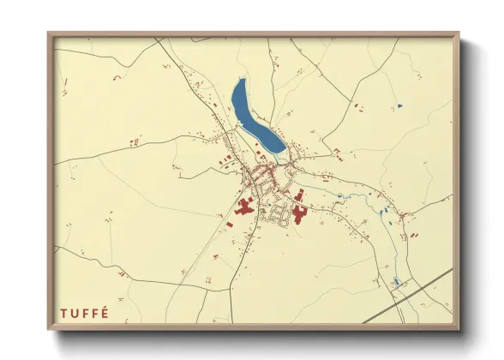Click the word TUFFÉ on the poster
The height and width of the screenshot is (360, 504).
pos(85,313)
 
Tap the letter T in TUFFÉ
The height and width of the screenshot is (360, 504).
pos(64,313)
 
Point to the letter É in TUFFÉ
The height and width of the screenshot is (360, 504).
pos(105,313)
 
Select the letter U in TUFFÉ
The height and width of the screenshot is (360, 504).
pos(75,313)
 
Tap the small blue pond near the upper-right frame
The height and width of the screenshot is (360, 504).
pos(399,105)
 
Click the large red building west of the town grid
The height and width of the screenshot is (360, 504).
pos(243,208)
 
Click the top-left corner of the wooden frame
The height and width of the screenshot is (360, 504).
pos(50,34)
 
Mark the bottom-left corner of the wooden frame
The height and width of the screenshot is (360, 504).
pos(50,328)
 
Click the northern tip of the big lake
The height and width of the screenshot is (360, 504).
pos(241,81)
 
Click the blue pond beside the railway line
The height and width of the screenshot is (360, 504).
pos(396,281)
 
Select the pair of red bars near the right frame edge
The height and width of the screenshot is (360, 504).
pos(415,233)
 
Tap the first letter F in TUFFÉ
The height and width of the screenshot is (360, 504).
pos(85,313)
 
